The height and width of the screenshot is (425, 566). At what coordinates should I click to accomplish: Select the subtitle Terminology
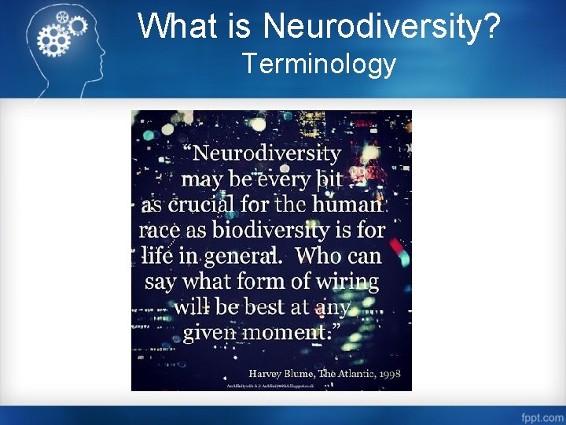(319, 63)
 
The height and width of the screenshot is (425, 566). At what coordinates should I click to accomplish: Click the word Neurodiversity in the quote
(267, 153)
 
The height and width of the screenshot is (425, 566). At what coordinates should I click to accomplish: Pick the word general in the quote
(240, 257)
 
